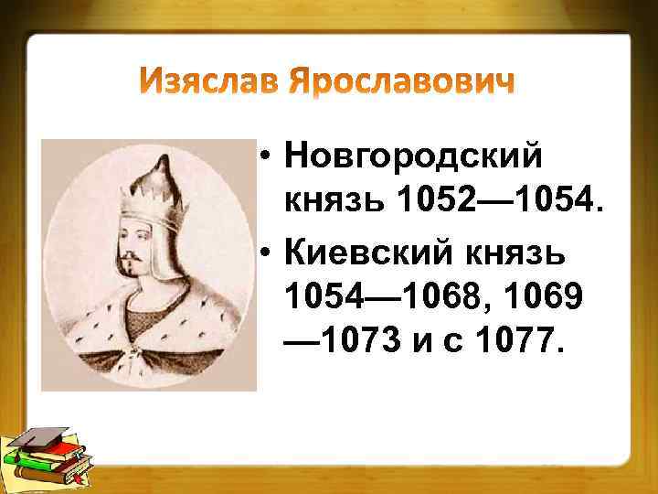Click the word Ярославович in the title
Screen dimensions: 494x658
(x=401, y=83)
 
